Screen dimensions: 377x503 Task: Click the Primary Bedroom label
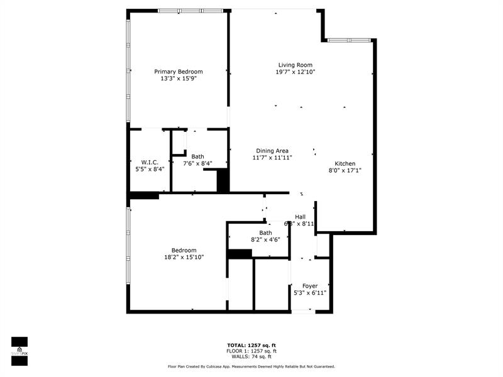click(x=179, y=72)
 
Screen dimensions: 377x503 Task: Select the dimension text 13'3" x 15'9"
click(x=179, y=79)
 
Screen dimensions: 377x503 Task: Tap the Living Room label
click(x=295, y=65)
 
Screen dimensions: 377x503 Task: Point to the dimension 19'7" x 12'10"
click(x=295, y=72)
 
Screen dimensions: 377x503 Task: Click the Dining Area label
click(x=272, y=151)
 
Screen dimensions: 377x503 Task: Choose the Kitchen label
click(x=345, y=163)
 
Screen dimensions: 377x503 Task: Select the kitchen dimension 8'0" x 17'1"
click(x=345, y=170)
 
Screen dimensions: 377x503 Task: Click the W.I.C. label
click(x=150, y=162)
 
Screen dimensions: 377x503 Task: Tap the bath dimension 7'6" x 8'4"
click(x=197, y=163)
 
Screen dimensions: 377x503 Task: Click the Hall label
click(x=300, y=217)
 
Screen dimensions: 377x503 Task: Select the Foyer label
click(x=310, y=286)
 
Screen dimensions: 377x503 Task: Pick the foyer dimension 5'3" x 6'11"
click(x=310, y=293)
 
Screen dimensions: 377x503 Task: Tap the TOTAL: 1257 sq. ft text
click(x=251, y=346)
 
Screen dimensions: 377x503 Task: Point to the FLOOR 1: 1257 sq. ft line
click(x=251, y=351)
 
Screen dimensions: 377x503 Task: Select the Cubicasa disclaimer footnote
click(x=251, y=366)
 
